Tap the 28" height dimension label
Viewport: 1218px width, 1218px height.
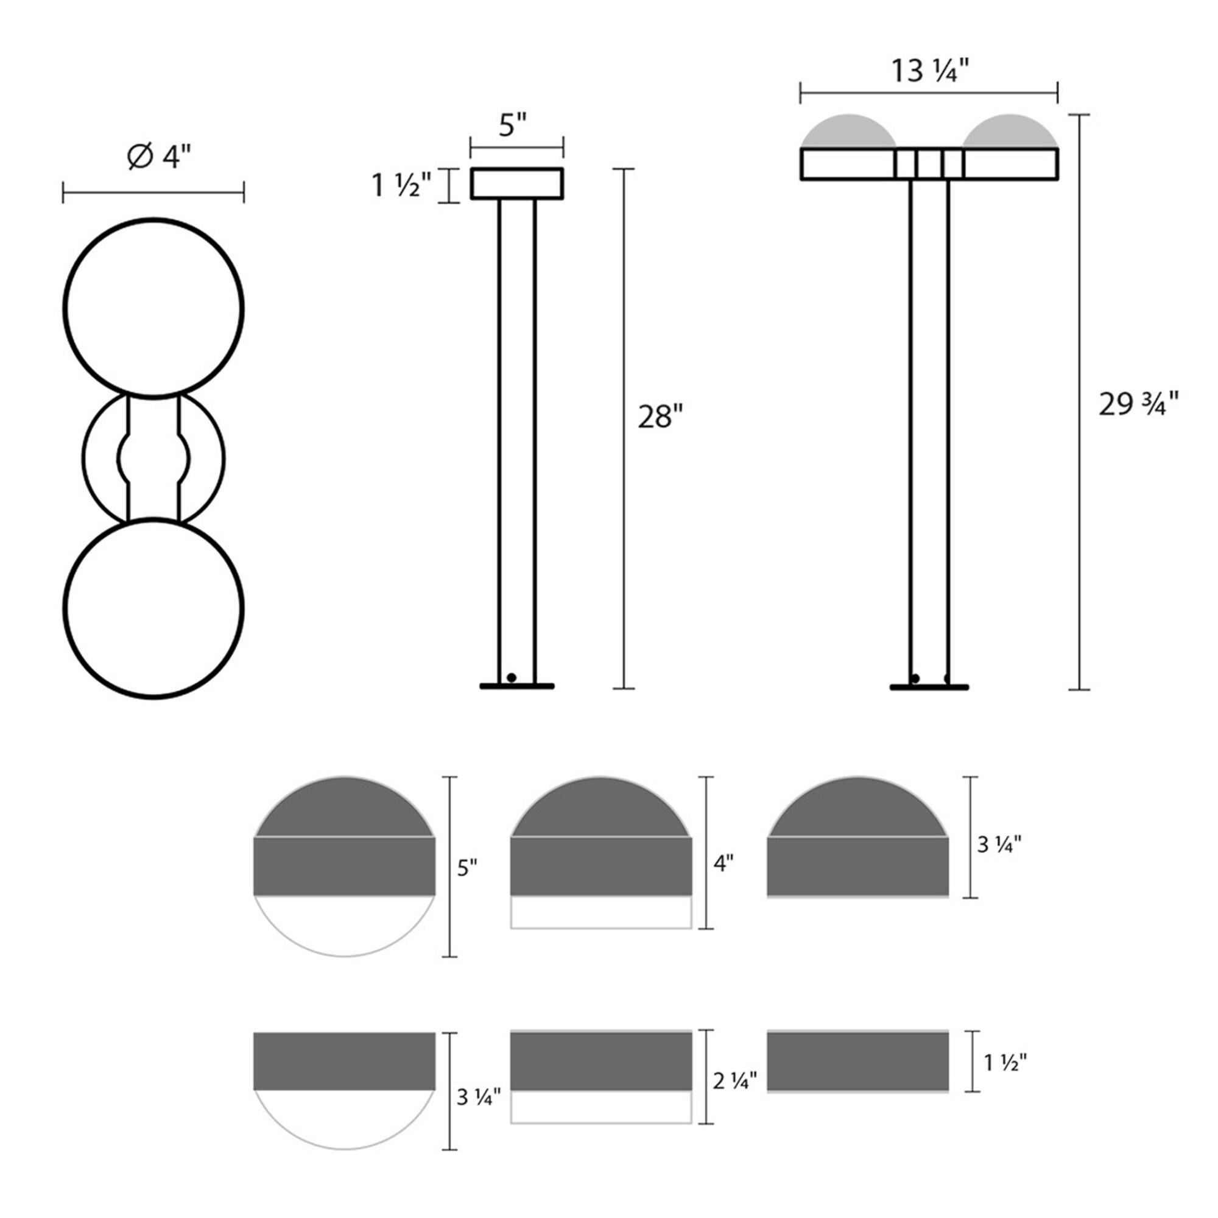(x=660, y=417)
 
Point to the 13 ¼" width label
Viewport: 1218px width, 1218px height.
(x=929, y=71)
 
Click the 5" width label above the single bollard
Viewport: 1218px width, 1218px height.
(x=513, y=125)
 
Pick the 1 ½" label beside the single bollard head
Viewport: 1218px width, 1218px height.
(x=401, y=185)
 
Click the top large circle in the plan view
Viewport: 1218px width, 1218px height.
(x=153, y=309)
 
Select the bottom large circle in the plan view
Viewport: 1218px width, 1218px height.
(x=153, y=608)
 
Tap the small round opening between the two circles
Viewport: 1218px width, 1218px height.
(x=153, y=459)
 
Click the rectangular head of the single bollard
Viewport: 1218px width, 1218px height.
(x=516, y=183)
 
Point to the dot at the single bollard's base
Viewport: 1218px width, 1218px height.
(x=512, y=678)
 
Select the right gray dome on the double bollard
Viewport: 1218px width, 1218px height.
(x=1010, y=132)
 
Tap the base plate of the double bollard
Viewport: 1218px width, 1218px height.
(x=929, y=687)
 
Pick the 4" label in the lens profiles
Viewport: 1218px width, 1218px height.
(x=722, y=864)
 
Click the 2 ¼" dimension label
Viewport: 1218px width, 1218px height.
(x=734, y=1081)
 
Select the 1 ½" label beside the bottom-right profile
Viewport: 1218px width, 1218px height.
(x=1005, y=1063)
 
